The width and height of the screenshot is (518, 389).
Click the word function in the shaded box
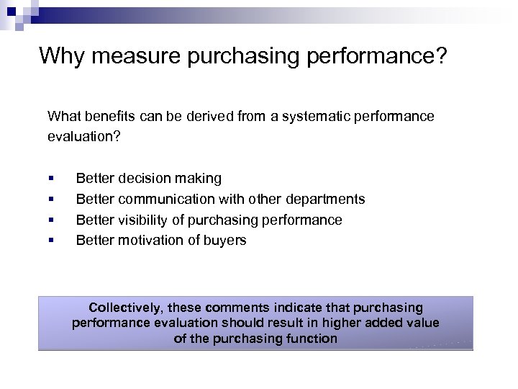point(310,339)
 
